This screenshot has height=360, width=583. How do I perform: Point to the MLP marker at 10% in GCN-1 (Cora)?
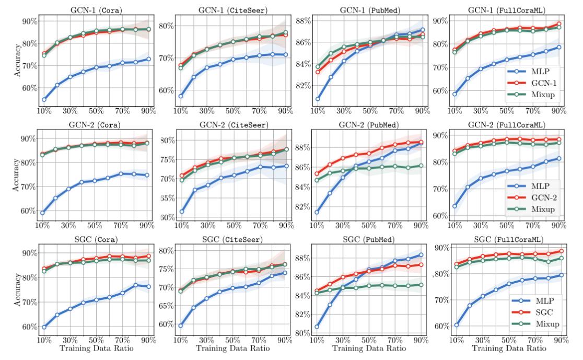pyautogui.click(x=43, y=99)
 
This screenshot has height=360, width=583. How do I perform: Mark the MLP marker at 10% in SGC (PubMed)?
pyautogui.click(x=317, y=327)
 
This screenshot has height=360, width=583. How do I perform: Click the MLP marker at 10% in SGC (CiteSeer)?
pyautogui.click(x=180, y=326)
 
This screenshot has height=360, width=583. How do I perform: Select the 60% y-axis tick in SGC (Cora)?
pyautogui.click(x=28, y=327)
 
